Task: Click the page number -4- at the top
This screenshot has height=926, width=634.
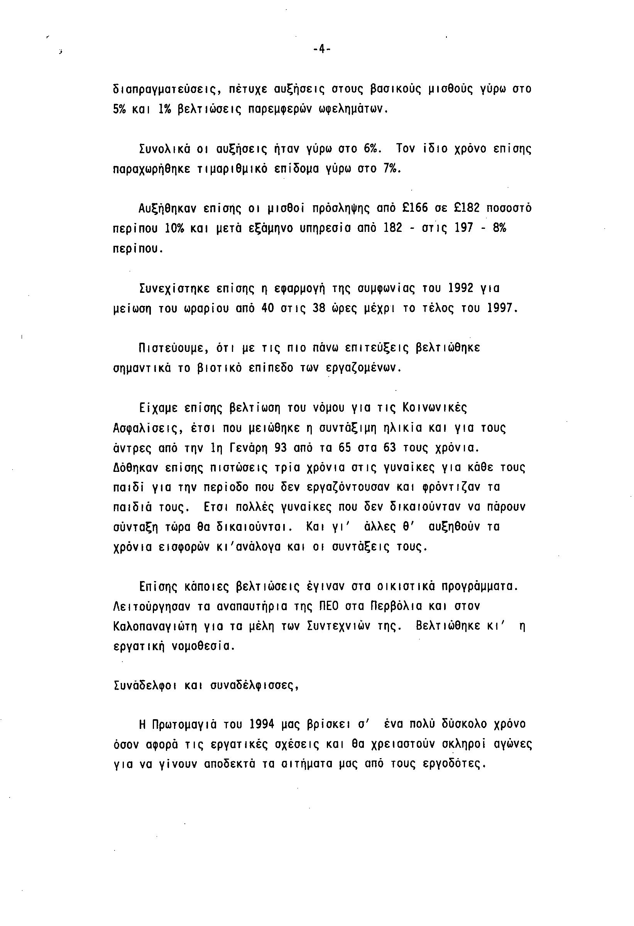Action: click(321, 49)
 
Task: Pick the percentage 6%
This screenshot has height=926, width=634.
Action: click(373, 149)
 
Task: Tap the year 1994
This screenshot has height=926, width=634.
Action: click(262, 723)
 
